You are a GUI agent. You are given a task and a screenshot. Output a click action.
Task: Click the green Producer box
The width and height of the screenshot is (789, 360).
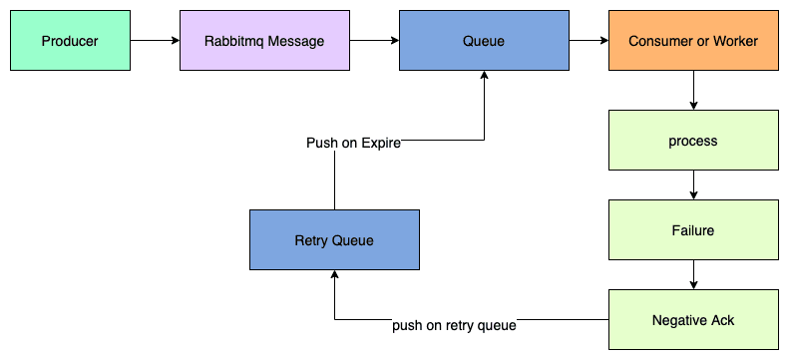tap(70, 41)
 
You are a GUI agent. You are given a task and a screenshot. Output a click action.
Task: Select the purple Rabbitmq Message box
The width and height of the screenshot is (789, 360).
tap(264, 41)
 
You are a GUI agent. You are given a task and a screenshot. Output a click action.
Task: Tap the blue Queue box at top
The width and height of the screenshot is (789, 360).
tap(484, 41)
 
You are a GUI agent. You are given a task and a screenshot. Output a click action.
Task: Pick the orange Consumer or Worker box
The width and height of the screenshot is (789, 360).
tap(693, 41)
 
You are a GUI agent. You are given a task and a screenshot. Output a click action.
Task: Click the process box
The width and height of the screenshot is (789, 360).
tap(693, 141)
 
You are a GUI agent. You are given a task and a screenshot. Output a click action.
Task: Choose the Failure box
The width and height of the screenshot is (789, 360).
tap(693, 230)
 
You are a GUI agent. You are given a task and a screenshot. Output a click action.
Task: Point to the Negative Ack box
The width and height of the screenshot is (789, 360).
tap(693, 320)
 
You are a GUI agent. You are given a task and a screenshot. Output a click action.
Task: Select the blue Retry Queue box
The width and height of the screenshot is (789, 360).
tap(334, 240)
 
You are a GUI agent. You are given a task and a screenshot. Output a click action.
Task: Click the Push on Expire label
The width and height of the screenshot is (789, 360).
tap(353, 143)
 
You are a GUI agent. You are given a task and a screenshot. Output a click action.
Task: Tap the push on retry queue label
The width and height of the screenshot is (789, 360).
tap(454, 325)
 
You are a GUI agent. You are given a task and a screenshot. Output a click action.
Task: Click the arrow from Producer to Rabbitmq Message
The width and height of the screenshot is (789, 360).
tap(155, 41)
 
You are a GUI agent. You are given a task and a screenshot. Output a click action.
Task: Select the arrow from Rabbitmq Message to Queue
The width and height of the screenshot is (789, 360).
tap(374, 41)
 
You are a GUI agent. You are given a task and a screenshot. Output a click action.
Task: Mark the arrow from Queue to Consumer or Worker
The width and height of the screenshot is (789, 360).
tap(589, 41)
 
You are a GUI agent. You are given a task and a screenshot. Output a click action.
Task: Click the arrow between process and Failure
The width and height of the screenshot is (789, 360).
tap(693, 185)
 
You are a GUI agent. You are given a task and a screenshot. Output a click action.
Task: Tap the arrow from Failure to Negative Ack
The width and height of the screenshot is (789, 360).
tap(693, 275)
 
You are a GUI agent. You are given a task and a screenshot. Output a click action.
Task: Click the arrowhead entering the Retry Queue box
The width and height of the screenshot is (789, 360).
tap(334, 276)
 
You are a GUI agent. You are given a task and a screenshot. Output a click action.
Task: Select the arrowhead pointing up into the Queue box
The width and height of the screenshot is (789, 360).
tap(484, 77)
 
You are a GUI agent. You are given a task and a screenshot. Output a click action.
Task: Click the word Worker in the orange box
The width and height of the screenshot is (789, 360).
tap(737, 41)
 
